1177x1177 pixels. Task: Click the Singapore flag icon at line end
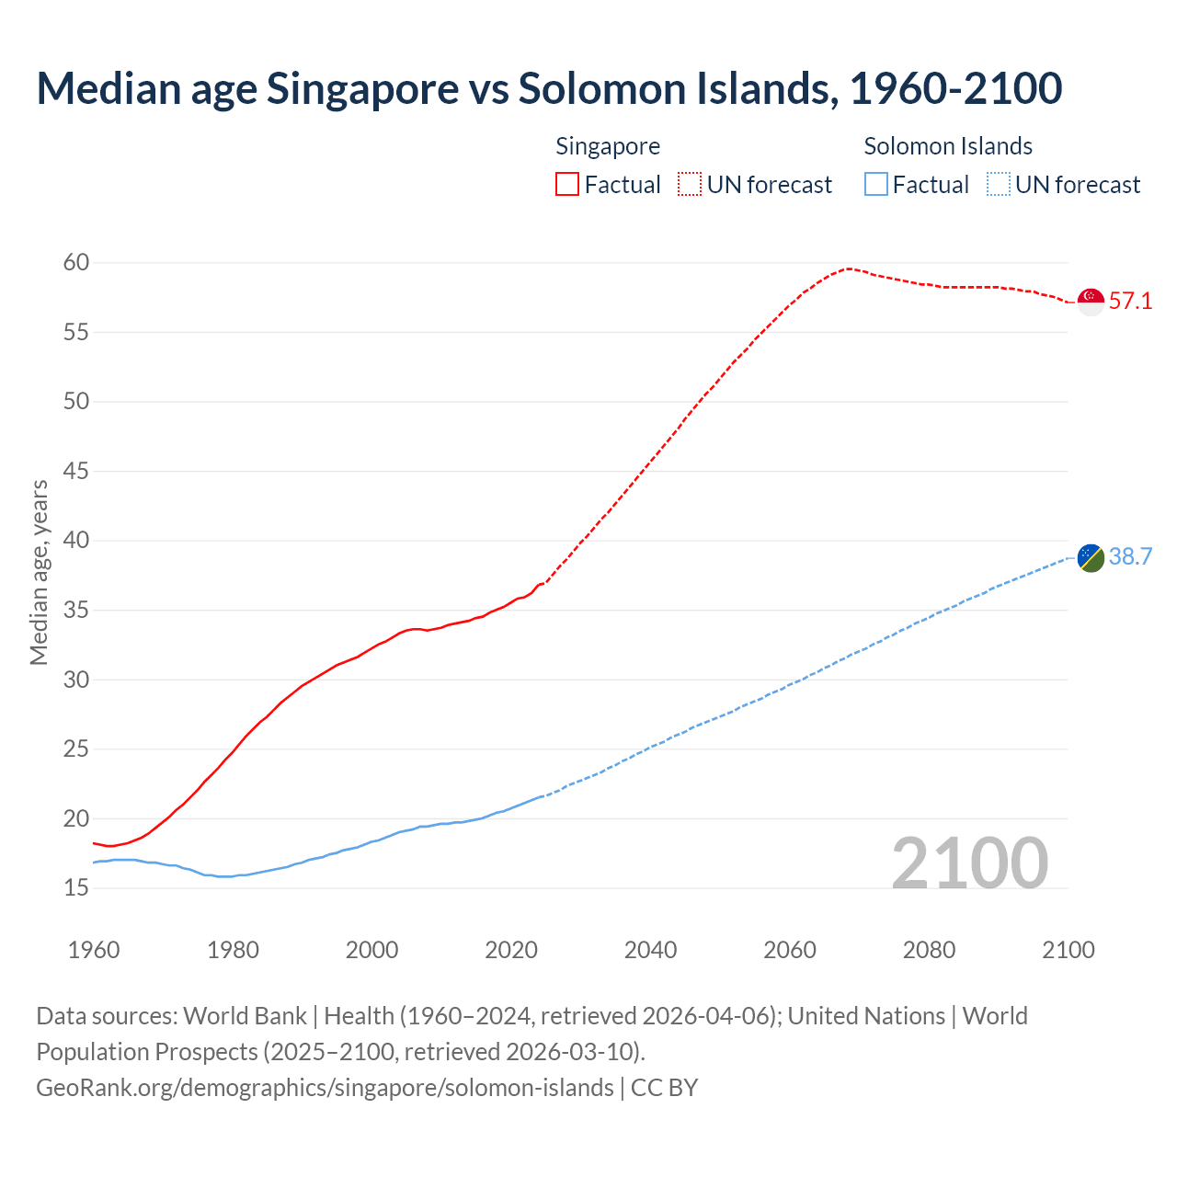click(1091, 302)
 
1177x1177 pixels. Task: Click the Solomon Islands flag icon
click(1091, 557)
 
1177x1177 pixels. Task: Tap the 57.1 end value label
click(1130, 302)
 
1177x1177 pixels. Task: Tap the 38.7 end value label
click(1130, 557)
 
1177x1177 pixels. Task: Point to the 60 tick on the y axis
click(76, 263)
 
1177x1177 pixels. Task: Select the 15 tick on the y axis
click(76, 888)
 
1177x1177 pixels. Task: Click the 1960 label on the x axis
click(94, 950)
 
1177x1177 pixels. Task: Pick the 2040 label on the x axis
click(650, 950)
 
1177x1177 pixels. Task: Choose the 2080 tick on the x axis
click(929, 950)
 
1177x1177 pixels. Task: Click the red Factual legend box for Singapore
click(567, 185)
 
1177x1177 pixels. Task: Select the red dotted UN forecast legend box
click(690, 185)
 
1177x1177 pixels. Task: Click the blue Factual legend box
click(876, 185)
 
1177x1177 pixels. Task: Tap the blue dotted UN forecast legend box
click(999, 185)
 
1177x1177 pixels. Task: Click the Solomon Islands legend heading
click(948, 146)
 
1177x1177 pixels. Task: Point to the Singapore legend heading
click(608, 146)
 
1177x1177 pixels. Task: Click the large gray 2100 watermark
click(970, 863)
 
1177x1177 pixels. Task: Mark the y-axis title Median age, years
click(39, 572)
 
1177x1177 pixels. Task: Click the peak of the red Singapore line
click(848, 269)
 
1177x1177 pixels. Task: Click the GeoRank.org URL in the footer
click(325, 1088)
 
